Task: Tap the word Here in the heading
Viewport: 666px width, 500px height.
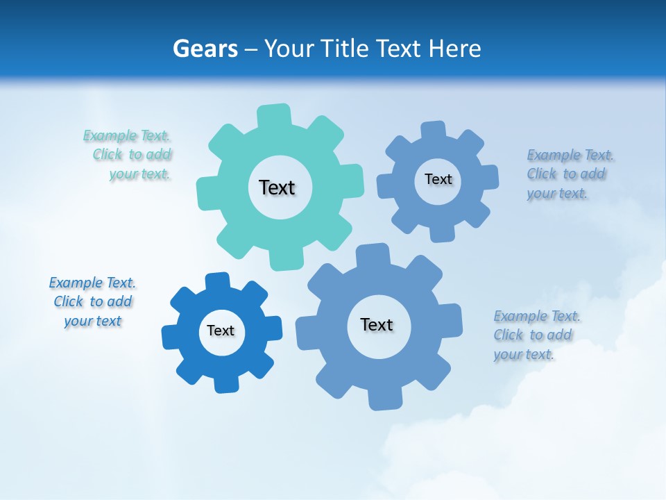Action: point(454,49)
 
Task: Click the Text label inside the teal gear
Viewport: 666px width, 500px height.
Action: point(277,187)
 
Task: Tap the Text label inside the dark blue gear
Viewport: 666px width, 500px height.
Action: point(221,331)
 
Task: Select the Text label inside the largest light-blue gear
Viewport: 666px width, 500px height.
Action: point(377,324)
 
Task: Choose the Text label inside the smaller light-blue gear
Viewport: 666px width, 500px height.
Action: point(438,179)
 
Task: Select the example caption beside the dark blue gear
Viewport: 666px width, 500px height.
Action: point(92,301)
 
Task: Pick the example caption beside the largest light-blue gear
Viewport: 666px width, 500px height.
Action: point(536,335)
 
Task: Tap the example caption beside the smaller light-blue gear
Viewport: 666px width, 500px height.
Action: point(569,174)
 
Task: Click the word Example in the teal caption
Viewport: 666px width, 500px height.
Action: point(110,135)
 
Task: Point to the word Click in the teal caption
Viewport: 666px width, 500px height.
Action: point(108,154)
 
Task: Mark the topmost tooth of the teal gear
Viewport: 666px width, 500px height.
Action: point(274,115)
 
